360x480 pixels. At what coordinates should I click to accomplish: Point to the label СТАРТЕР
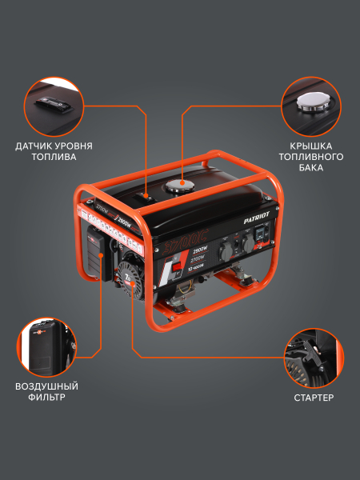pyautogui.click(x=313, y=397)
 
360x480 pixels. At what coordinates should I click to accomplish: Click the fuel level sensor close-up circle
pyautogui.click(x=54, y=106)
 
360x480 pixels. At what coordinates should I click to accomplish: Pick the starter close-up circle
pyautogui.click(x=313, y=356)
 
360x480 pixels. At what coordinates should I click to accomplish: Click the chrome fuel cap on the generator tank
pyautogui.click(x=178, y=186)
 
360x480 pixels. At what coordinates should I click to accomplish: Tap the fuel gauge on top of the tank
pyautogui.click(x=146, y=194)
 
